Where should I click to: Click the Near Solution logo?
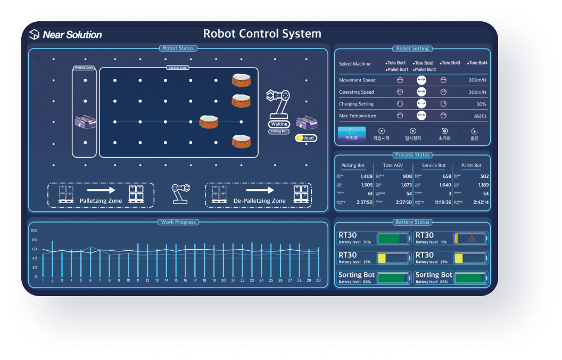point(65,35)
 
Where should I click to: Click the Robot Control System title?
point(262,34)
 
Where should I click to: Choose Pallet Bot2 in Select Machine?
point(424,70)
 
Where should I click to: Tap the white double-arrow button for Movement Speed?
point(421,80)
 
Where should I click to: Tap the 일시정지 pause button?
point(412,134)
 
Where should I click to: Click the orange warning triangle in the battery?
point(472,239)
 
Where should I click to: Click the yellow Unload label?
point(306,138)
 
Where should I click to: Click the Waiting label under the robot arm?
point(280,124)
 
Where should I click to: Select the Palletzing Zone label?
point(101,201)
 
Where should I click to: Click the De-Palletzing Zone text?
point(259,201)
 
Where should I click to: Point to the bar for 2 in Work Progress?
point(52,258)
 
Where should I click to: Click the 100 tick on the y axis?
point(34,231)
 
